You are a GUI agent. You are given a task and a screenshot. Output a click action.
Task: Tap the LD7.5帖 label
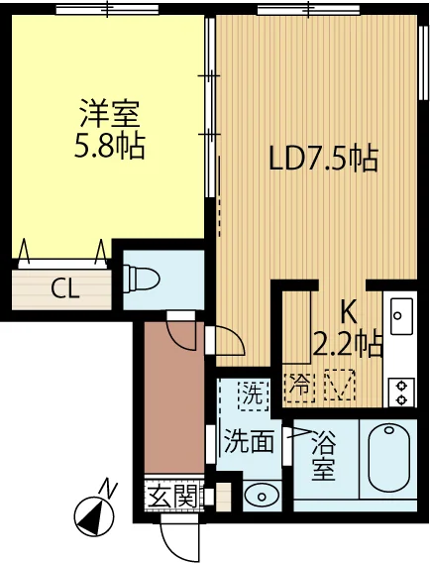tap(324, 159)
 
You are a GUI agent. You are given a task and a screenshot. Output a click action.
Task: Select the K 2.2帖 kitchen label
tap(348, 328)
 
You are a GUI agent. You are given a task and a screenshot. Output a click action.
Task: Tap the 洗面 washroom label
tap(247, 440)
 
